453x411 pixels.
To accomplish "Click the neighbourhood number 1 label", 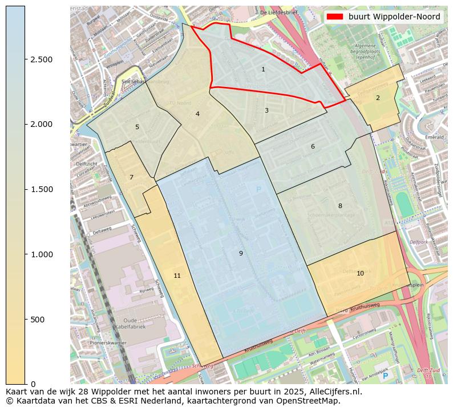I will (x=263, y=69).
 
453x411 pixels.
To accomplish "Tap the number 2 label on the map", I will (x=378, y=98).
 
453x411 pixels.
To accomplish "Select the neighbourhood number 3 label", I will (x=266, y=110).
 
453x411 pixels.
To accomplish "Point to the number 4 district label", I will (x=197, y=114).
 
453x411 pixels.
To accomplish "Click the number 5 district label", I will (x=137, y=127).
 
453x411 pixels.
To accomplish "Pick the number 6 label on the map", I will (x=313, y=146).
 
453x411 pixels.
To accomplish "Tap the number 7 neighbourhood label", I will (x=131, y=177).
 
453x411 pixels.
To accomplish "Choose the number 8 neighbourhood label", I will (x=340, y=206).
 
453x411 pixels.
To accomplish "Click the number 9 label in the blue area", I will (x=241, y=253).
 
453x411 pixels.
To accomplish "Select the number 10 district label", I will (x=360, y=273).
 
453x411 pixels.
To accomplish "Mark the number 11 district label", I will (x=177, y=276).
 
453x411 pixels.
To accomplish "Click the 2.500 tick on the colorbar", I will (x=41, y=59).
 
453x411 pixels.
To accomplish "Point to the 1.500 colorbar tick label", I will (x=41, y=189).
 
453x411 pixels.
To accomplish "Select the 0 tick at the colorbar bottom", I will (x=33, y=384).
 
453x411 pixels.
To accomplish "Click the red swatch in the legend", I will (x=335, y=17).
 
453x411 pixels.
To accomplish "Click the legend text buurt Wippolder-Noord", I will (x=394, y=17).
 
